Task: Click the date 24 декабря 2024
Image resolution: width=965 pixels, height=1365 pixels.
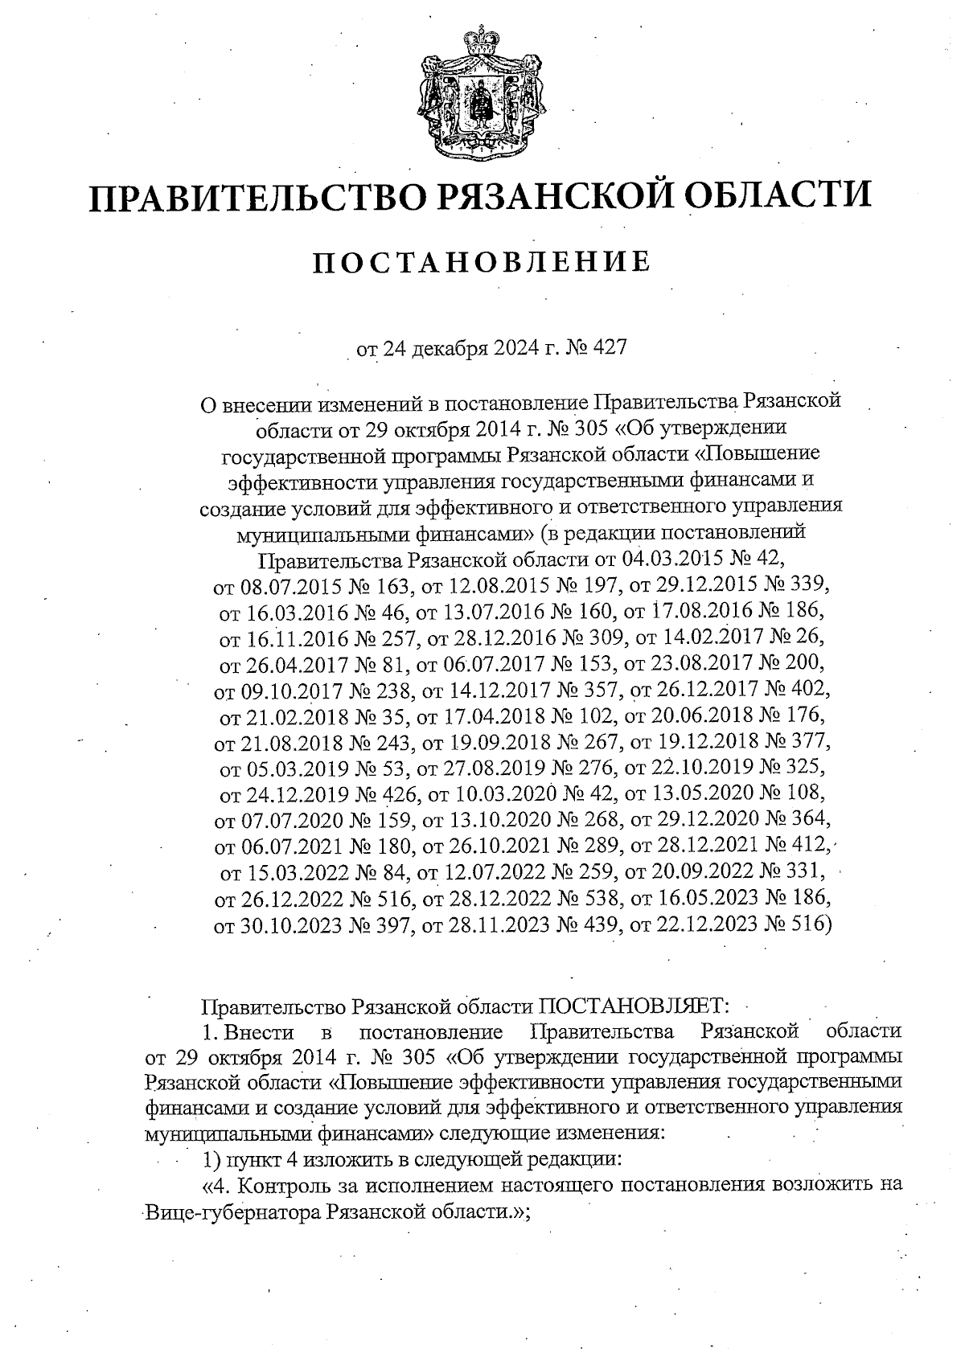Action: (x=446, y=349)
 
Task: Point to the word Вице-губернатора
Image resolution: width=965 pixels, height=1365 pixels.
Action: (x=234, y=1212)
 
